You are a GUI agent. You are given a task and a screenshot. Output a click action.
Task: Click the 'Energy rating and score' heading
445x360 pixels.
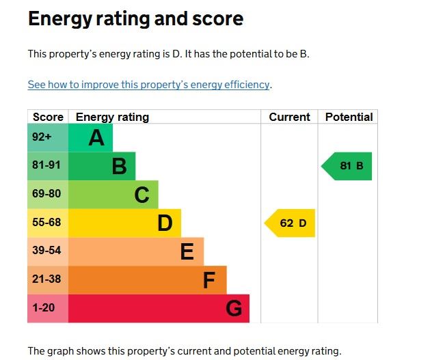coord(135,18)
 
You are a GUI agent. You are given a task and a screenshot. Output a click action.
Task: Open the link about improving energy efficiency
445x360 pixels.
coord(149,85)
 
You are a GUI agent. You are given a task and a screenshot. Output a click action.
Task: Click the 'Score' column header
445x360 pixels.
coord(48,117)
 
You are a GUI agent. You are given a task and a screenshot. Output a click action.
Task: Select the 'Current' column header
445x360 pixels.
coord(289,117)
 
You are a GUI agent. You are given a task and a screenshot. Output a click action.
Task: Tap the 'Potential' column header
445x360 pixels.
coord(349,117)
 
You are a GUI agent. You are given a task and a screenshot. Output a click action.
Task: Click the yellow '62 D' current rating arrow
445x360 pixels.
coord(291,223)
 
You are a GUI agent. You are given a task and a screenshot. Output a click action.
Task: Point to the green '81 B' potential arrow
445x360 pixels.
coord(348,166)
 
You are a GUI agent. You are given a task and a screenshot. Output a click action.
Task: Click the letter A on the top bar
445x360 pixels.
coord(96,138)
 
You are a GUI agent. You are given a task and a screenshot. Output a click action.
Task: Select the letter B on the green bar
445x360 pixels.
coord(119,166)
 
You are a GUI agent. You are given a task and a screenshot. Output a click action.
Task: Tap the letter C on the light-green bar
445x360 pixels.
coord(141,195)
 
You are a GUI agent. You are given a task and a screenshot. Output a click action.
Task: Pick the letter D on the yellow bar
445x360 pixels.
coord(165,223)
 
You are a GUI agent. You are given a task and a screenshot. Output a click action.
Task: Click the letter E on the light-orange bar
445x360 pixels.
coord(187,252)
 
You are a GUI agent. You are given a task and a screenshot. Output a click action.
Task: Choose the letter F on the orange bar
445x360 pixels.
coord(209,280)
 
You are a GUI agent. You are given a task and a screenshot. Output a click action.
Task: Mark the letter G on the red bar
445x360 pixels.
coord(233,309)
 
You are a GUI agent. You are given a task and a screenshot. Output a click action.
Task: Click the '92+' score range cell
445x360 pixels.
coord(42,137)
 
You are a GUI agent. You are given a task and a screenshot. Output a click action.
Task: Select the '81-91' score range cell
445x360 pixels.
coord(46,166)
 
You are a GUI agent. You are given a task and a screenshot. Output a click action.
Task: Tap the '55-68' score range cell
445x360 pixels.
coord(46,223)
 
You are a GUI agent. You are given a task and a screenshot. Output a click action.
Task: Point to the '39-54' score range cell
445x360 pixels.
coord(46,251)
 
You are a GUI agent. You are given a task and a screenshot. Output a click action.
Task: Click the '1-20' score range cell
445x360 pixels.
coord(43,308)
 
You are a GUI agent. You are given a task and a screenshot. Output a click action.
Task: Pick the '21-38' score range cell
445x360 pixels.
coord(46,279)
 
